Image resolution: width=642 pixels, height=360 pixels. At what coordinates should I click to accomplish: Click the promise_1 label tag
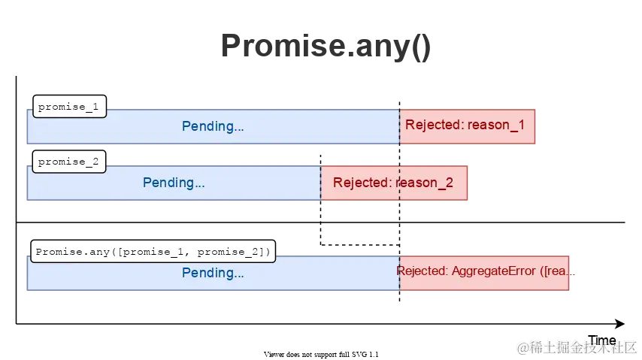68,106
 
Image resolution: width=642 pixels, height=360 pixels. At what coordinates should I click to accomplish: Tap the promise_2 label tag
68,162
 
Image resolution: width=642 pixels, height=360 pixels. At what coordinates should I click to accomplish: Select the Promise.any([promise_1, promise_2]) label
153,252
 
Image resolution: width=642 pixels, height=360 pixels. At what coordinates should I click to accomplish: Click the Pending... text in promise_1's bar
213,126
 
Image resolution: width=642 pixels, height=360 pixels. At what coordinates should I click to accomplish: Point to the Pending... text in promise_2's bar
174,183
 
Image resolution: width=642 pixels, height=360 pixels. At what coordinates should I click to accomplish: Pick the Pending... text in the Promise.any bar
213,273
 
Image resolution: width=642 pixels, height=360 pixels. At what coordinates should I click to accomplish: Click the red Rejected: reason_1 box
467,126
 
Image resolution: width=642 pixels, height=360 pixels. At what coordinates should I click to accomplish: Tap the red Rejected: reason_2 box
395,183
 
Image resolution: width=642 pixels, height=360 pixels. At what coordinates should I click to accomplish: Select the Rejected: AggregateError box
485,271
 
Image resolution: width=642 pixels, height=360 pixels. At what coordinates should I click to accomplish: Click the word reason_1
496,126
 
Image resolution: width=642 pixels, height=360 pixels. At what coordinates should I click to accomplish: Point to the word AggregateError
494,271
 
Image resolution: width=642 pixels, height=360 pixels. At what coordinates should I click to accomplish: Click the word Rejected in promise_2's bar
360,183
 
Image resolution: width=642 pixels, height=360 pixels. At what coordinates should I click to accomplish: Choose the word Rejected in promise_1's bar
432,126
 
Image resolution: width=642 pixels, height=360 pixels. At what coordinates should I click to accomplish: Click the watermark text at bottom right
575,346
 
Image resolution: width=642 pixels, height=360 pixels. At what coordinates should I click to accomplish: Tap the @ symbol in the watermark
520,346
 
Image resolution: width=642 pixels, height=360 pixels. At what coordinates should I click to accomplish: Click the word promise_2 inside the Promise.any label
229,252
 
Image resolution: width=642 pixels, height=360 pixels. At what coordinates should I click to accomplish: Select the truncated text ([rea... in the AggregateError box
558,271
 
